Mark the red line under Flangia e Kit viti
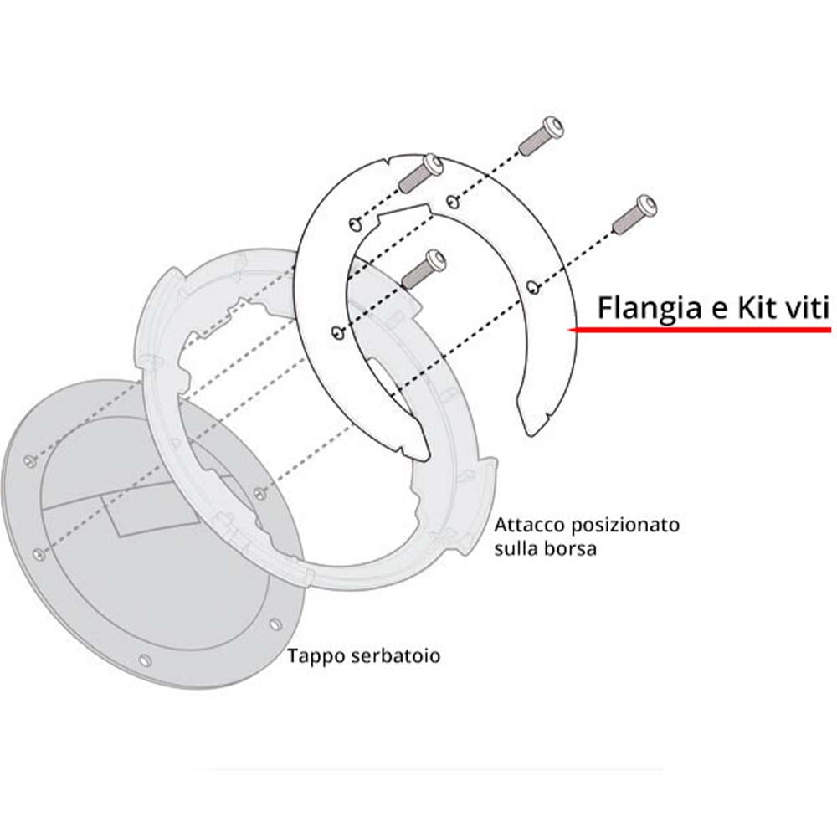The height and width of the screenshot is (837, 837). coord(699,330)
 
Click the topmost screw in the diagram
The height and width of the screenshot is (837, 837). coord(542,136)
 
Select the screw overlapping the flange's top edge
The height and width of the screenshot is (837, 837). coord(421,173)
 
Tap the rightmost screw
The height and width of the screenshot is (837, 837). coord(634,214)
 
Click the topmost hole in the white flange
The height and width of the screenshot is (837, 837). coord(453,201)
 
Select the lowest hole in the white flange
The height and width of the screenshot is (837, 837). coord(338,334)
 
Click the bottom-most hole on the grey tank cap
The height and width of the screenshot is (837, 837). coord(145,661)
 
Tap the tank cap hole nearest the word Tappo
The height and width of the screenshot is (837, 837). coord(275,624)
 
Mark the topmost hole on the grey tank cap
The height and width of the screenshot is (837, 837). coord(31,460)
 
